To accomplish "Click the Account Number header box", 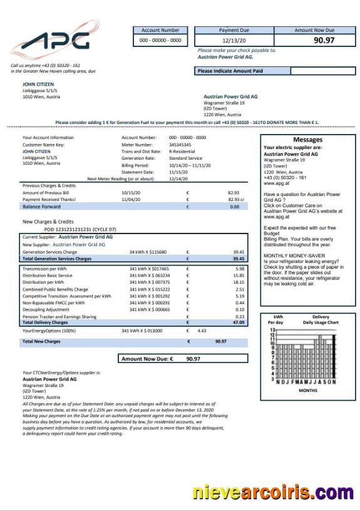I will (x=160, y=30).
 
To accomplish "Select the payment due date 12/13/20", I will (x=234, y=40).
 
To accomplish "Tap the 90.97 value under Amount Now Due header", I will (x=324, y=40).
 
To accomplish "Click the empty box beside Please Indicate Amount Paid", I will (x=322, y=71).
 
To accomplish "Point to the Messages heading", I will (x=307, y=140).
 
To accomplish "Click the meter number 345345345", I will (x=180, y=144).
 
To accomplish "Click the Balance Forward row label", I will (x=41, y=206).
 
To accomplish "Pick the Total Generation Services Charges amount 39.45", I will (x=239, y=258).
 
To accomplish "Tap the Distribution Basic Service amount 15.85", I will (x=239, y=275).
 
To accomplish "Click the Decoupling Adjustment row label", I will (x=46, y=309).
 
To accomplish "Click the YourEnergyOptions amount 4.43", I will (x=202, y=330).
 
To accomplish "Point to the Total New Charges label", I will (x=41, y=341).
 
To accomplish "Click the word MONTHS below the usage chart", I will (x=307, y=390).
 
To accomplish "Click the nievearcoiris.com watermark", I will (x=273, y=492).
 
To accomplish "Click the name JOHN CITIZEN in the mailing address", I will (x=38, y=83).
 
